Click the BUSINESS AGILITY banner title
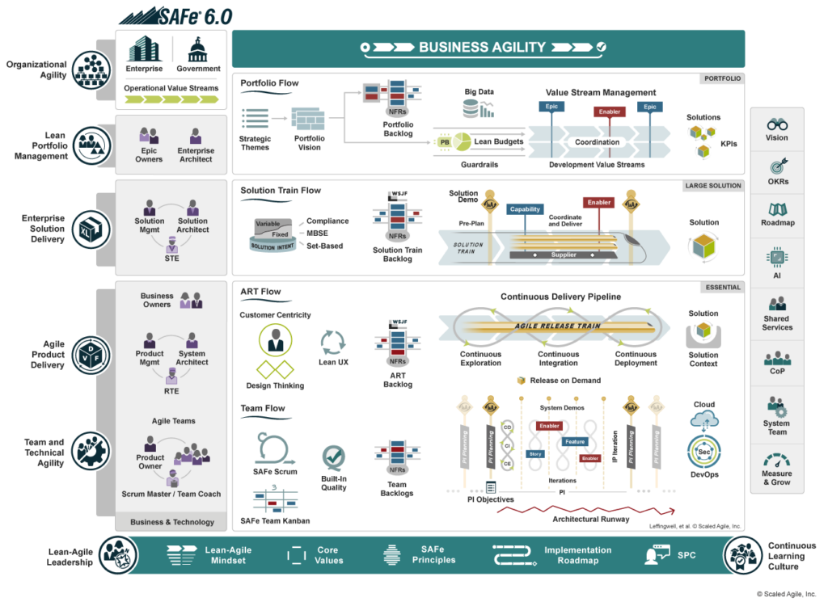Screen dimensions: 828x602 482,48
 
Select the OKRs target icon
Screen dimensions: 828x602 777,168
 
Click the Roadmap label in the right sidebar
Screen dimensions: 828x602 777,223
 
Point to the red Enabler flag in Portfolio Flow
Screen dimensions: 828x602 610,113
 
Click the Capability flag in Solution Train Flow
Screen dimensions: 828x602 525,209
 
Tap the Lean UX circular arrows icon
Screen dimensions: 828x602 333,342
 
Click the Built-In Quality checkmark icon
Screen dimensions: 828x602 333,457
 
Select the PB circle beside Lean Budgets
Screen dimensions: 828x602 444,141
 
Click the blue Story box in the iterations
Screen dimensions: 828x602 535,454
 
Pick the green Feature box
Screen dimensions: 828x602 575,442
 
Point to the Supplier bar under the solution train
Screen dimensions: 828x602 564,255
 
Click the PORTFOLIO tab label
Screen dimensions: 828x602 723,78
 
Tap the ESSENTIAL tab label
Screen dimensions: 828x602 722,287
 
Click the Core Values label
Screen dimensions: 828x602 327,555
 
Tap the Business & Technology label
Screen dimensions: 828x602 171,522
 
